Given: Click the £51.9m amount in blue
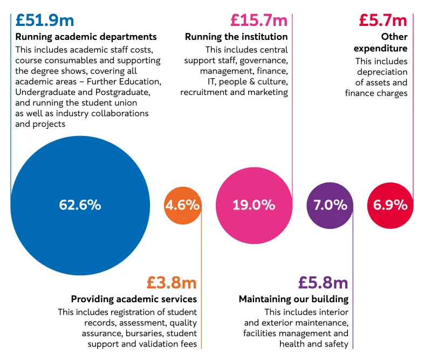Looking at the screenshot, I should pyautogui.click(x=45, y=20).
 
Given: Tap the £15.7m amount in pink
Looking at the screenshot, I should pyautogui.click(x=258, y=20).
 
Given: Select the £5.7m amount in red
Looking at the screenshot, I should pyautogui.click(x=383, y=20).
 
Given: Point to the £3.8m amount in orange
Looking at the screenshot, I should pyautogui.click(x=172, y=282).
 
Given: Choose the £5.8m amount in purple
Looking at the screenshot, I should pyautogui.click(x=323, y=282).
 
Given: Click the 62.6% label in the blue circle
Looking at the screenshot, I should pyautogui.click(x=80, y=205).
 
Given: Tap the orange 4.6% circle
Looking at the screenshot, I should pyautogui.click(x=182, y=206).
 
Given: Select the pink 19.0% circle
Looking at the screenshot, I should pyautogui.click(x=254, y=206).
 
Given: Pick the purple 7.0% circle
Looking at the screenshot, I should pyautogui.click(x=330, y=206).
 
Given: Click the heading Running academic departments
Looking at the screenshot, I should pyautogui.click(x=86, y=37).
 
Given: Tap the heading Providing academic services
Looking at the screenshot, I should pyautogui.click(x=134, y=299).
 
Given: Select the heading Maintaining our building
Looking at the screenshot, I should pyautogui.click(x=293, y=299).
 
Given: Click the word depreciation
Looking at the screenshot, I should pyautogui.click(x=381, y=72).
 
